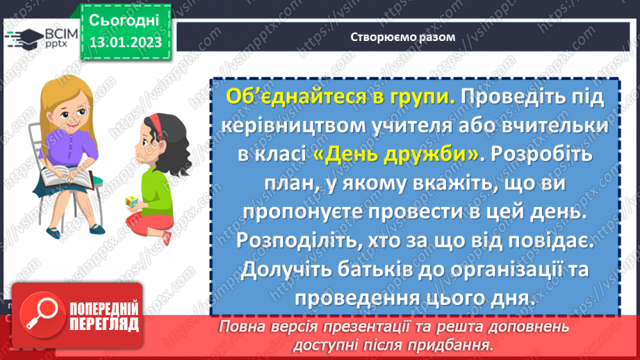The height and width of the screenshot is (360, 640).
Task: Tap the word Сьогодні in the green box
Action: coord(125,19)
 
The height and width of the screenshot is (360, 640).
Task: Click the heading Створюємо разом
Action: coord(403,37)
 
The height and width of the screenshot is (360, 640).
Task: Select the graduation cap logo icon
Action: coord(22,38)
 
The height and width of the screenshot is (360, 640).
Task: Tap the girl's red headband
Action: coord(154,124)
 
